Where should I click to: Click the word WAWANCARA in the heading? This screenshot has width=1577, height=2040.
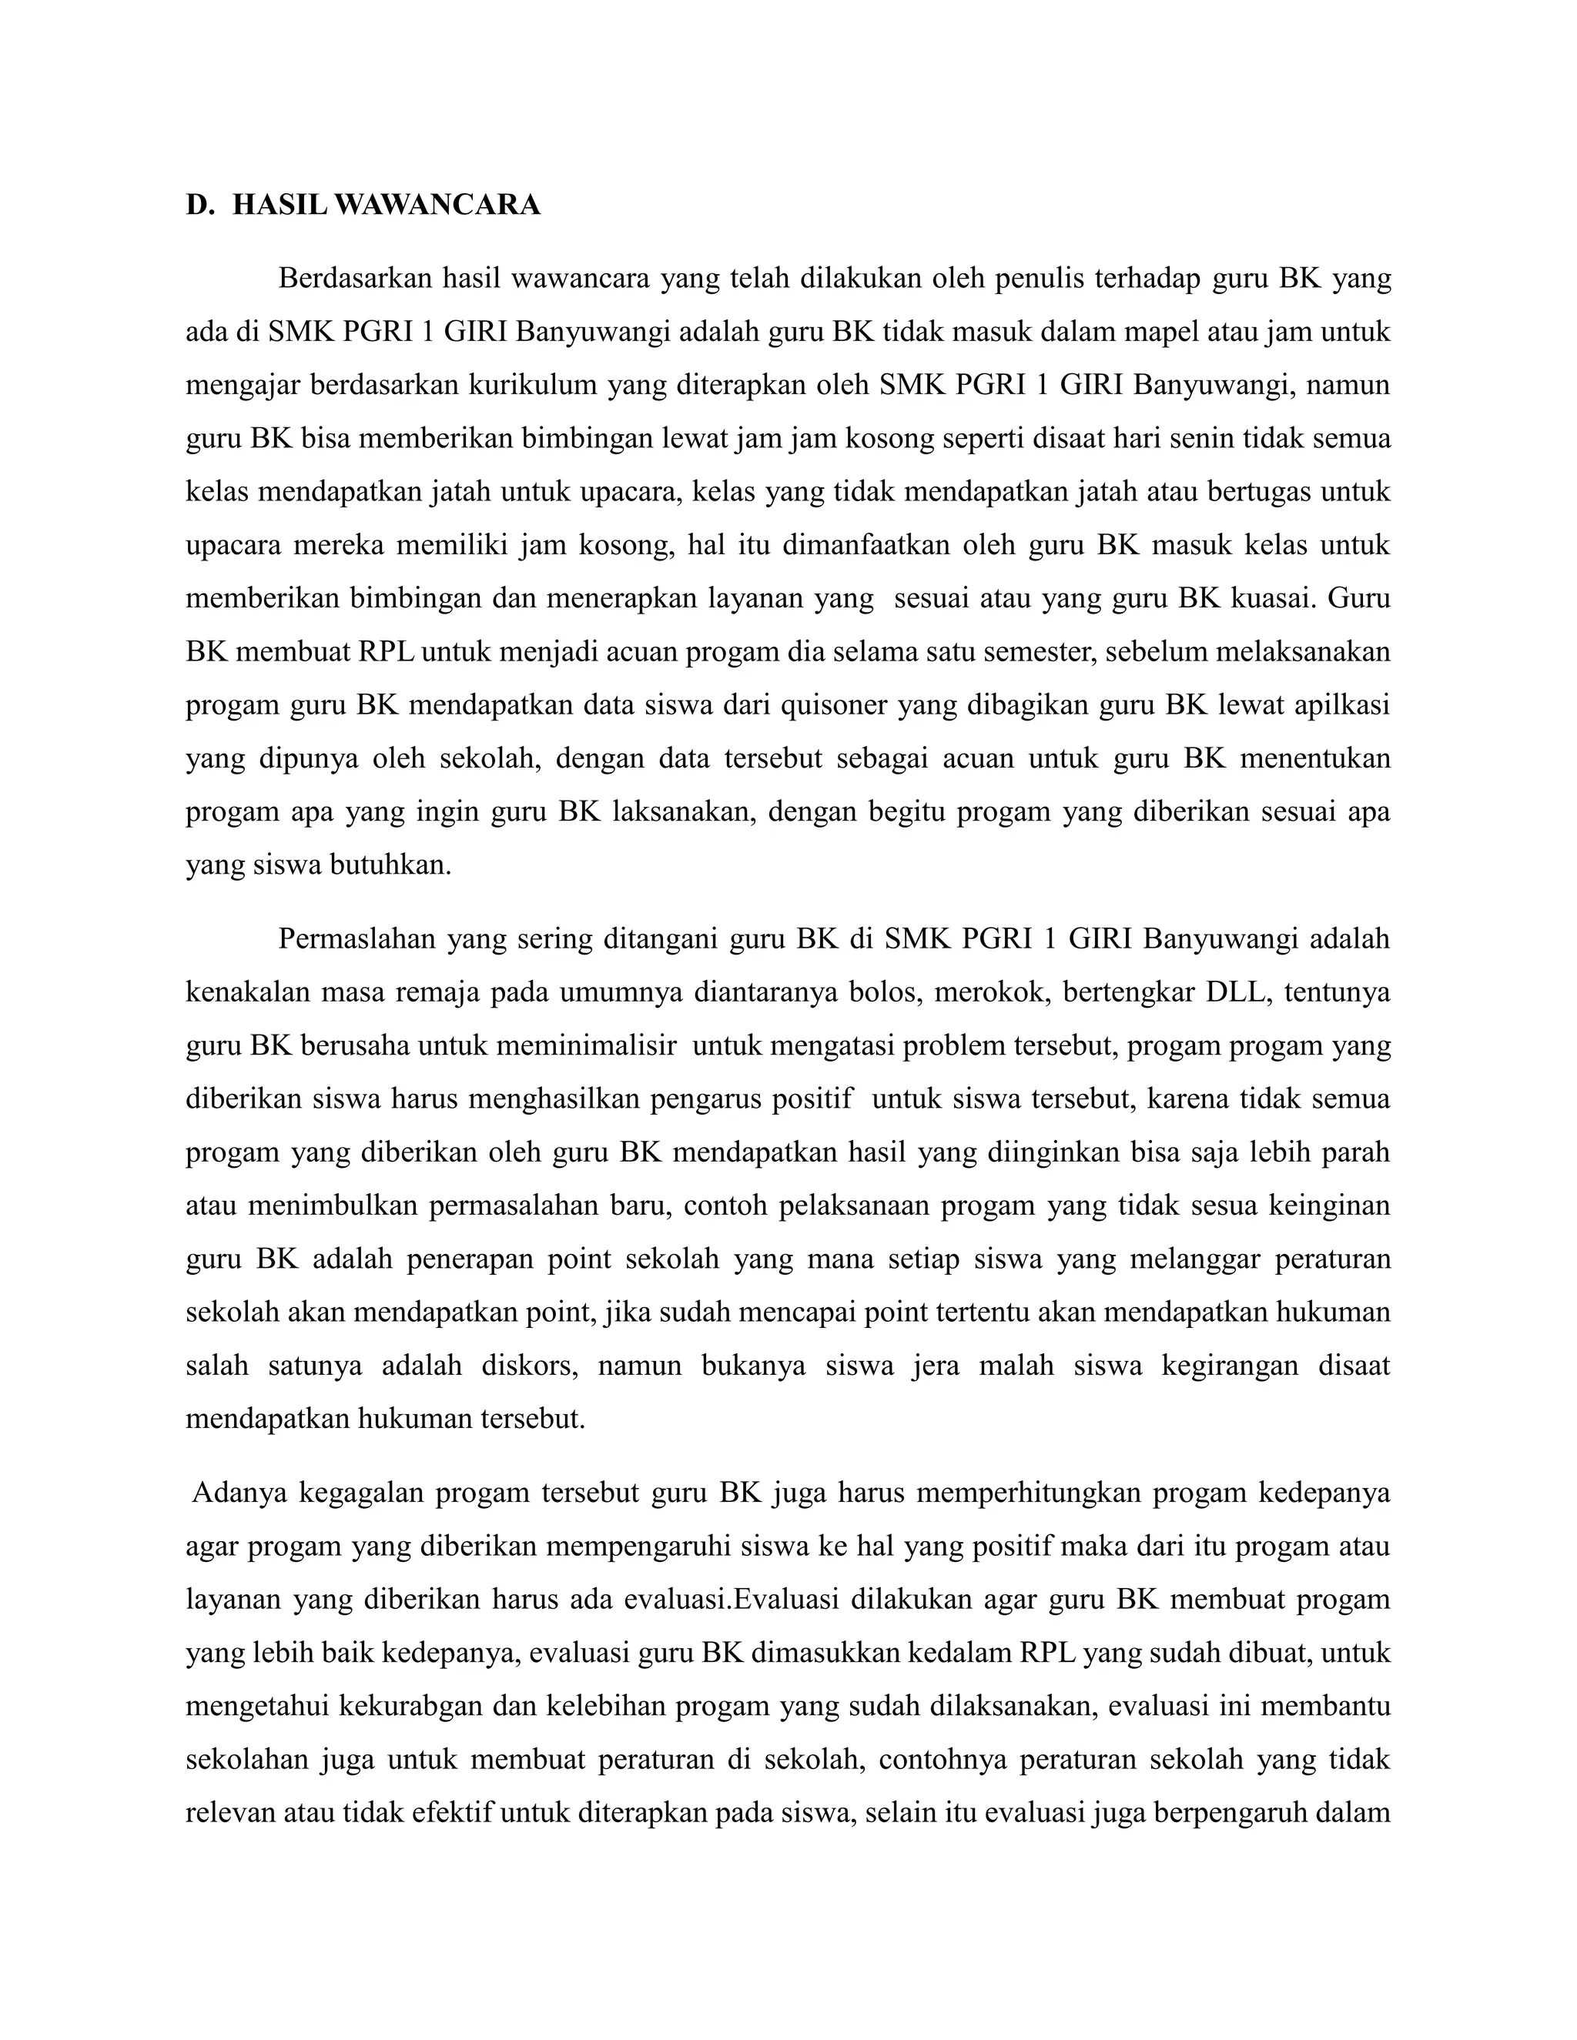[x=437, y=206]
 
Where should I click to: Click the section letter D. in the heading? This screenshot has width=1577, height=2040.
[x=200, y=206]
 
